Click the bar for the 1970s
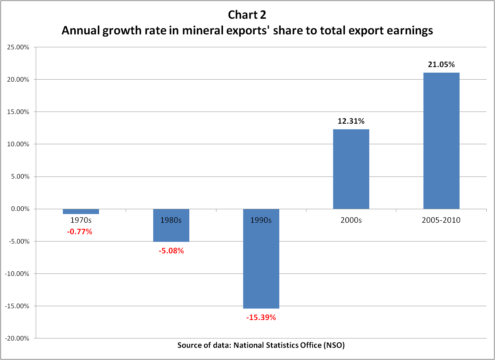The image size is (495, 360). (81, 211)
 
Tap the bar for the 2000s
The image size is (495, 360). (351, 169)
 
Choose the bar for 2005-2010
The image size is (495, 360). (441, 141)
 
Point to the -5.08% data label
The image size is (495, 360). (171, 251)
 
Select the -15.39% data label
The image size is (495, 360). (261, 317)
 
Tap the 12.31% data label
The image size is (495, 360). (351, 121)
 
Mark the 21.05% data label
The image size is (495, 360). (441, 65)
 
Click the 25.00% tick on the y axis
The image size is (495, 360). (18, 47)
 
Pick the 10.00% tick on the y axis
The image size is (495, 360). (18, 144)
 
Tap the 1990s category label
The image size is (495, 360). (261, 220)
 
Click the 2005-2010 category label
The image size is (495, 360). (441, 220)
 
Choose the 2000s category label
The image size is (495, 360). (351, 220)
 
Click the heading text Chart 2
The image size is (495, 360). (247, 15)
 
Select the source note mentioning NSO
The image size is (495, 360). (261, 345)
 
